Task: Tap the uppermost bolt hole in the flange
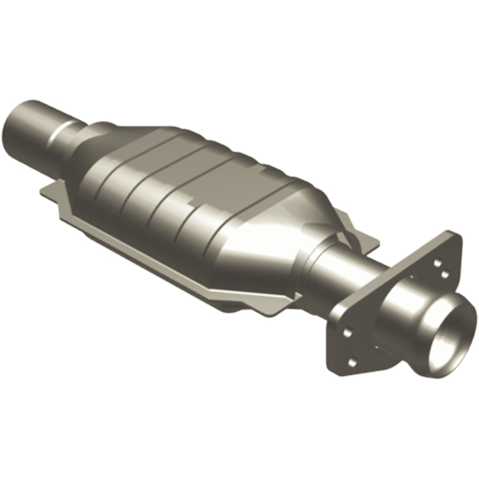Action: click(x=437, y=262)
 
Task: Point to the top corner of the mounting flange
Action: click(x=448, y=233)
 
